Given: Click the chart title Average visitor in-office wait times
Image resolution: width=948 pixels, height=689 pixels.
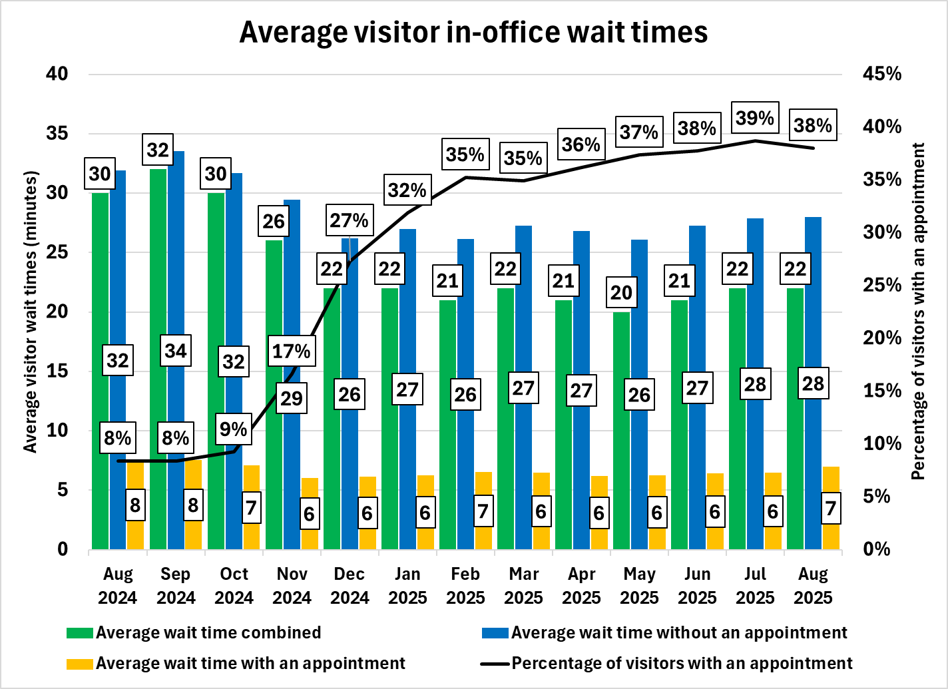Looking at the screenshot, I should [x=473, y=32].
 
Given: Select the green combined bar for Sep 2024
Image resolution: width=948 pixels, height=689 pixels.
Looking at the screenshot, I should [x=158, y=359].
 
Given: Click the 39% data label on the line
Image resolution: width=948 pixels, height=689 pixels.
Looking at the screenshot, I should [x=755, y=118].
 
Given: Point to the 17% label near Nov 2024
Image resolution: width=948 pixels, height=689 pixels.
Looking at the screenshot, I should [x=291, y=351].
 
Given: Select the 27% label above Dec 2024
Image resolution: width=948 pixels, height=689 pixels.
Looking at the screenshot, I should [x=350, y=221].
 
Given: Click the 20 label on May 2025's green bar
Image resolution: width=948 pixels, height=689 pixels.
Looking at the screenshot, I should [x=621, y=293].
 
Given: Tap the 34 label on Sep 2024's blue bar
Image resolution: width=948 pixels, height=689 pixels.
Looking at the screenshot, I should [x=176, y=351].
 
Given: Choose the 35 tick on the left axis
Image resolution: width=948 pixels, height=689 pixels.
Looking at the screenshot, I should [x=57, y=133].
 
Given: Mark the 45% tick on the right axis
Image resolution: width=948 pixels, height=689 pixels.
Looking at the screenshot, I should [x=881, y=74].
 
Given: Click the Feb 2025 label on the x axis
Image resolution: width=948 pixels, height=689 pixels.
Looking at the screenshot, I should [x=465, y=586].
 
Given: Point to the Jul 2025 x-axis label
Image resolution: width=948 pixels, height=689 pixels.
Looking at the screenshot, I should [x=755, y=586].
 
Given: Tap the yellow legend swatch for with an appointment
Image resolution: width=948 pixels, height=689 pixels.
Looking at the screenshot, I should [x=80, y=664].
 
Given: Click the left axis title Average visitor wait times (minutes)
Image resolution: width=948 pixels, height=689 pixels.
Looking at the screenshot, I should [x=31, y=312].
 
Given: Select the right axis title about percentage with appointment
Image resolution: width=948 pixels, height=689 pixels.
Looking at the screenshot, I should [x=919, y=312].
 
